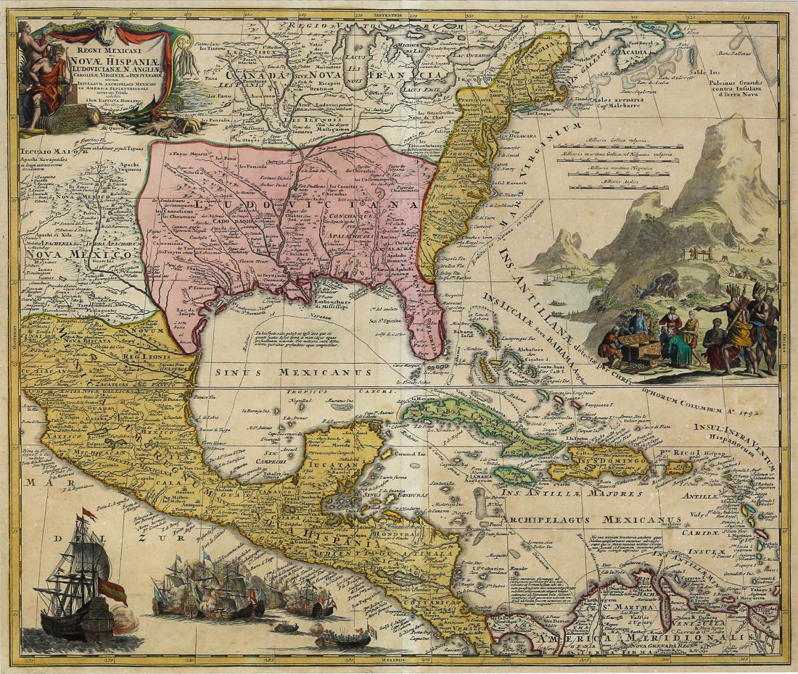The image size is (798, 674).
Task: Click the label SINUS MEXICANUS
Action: tap(293, 372)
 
